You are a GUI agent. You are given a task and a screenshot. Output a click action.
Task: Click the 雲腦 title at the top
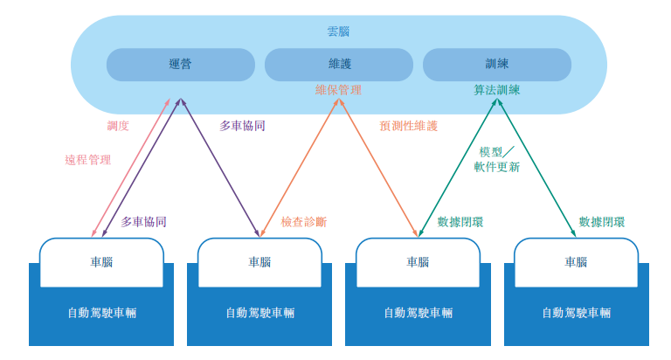coord(338,31)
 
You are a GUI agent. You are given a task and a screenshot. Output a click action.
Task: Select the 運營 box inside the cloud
coord(181,65)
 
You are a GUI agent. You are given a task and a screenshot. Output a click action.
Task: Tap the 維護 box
coord(338,65)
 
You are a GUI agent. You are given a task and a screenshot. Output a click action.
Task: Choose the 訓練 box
coord(497,65)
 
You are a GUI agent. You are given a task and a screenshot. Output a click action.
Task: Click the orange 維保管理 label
coord(338,90)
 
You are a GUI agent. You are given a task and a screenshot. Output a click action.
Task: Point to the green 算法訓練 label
coord(497,90)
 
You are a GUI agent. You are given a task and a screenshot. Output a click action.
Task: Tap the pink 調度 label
coord(118,126)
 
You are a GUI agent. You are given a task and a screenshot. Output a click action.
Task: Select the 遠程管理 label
coord(88,160)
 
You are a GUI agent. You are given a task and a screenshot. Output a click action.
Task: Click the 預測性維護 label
coord(409,126)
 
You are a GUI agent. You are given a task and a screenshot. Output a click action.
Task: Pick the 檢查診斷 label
coord(304,222)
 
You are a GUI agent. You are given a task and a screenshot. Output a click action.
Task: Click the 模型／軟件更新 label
coord(497,159)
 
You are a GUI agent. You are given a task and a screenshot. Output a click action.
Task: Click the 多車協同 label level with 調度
coord(243,126)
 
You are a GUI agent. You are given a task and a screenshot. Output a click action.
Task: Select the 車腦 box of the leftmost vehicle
coord(101,262)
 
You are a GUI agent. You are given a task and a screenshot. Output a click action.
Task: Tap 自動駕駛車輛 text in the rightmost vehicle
coord(576,313)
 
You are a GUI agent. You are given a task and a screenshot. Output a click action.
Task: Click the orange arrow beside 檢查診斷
coord(299,166)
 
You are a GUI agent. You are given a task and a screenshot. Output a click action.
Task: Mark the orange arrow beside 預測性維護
coord(377,166)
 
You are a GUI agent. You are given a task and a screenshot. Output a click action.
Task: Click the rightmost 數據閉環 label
coord(602,222)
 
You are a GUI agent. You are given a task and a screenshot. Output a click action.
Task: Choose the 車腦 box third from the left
coord(418,262)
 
